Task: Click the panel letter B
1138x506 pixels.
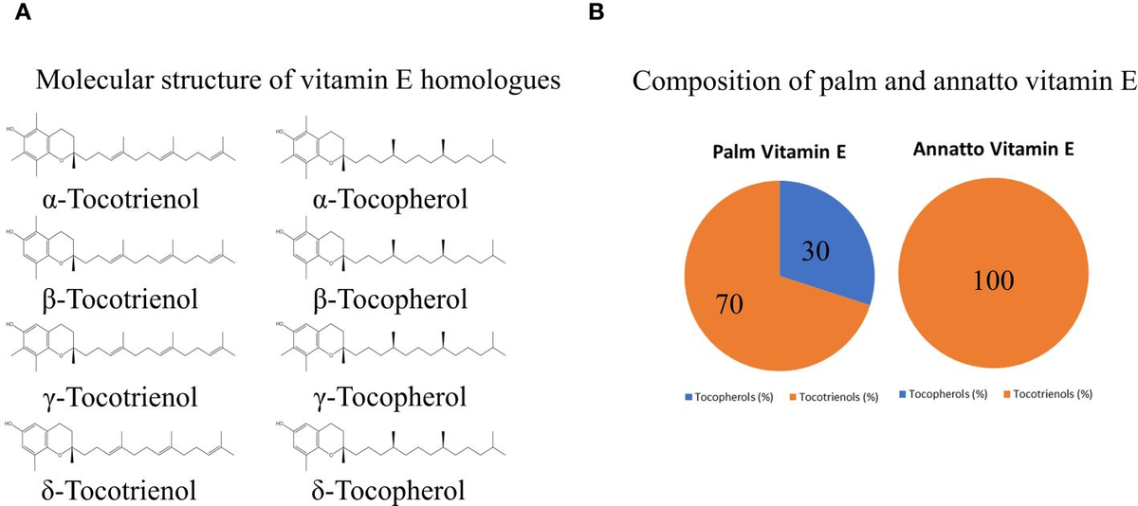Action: (596, 12)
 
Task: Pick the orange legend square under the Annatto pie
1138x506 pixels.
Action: (1007, 393)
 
